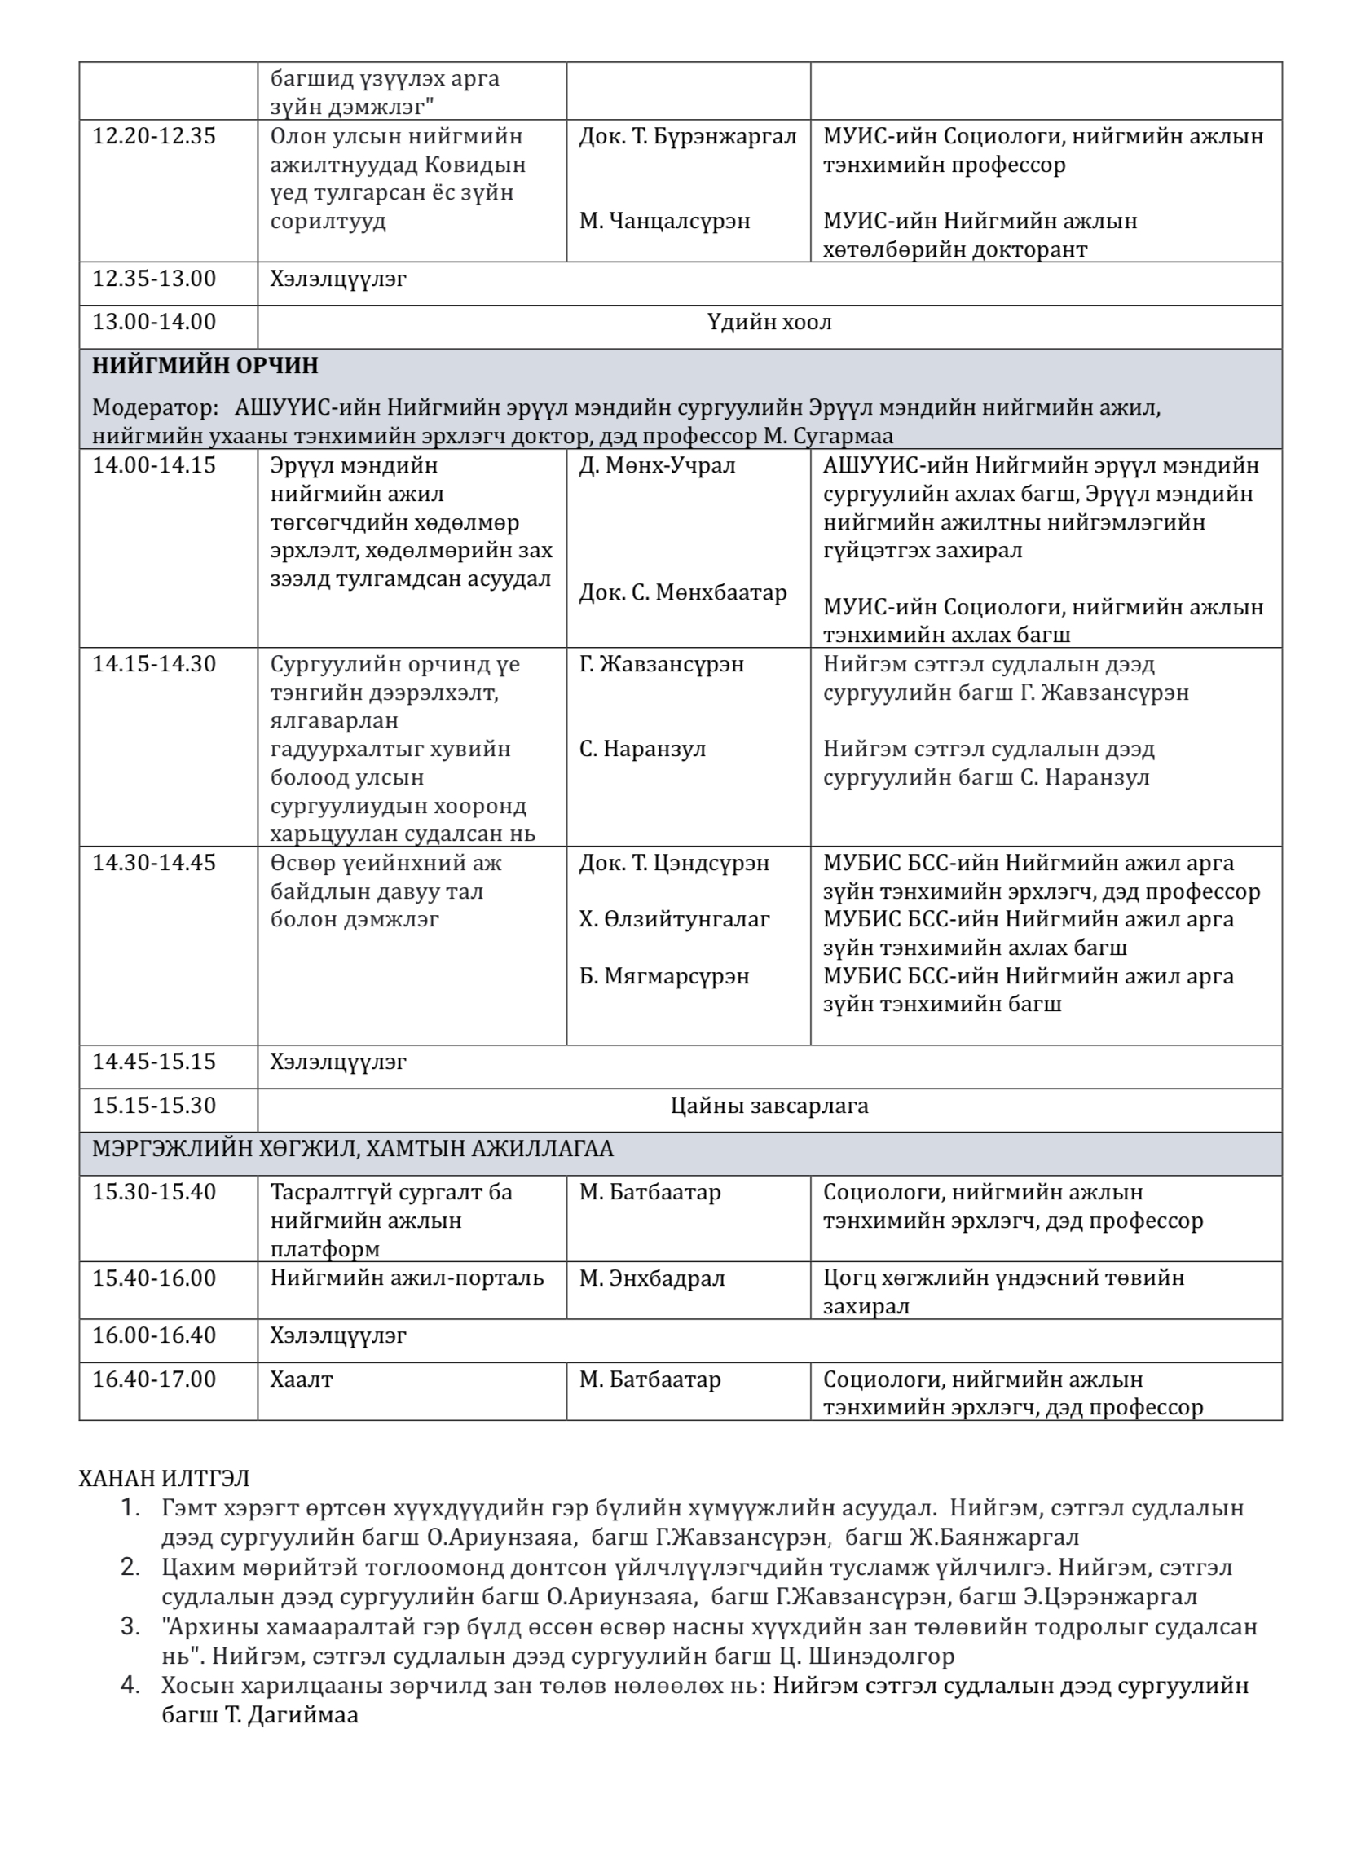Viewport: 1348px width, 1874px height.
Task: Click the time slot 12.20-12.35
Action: click(154, 135)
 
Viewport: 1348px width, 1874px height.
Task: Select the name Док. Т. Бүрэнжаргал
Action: click(688, 135)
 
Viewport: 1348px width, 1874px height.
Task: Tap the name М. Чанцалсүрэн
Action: click(664, 221)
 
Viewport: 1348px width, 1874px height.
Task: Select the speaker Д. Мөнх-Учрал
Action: click(657, 465)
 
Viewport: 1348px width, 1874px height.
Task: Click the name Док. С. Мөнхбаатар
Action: click(683, 592)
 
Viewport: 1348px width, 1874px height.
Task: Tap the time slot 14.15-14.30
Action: click(154, 663)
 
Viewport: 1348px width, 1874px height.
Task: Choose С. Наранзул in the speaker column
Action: click(642, 749)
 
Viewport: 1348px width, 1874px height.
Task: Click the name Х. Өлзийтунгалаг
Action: click(675, 919)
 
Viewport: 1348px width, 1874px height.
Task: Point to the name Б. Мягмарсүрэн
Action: click(664, 976)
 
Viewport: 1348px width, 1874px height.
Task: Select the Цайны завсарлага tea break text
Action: click(769, 1106)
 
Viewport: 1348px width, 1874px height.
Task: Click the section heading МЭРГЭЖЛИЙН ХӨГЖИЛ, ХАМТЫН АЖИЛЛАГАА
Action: click(353, 1149)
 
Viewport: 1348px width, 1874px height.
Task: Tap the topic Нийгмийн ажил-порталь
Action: click(407, 1278)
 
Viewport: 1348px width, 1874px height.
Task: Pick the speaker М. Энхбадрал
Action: click(652, 1278)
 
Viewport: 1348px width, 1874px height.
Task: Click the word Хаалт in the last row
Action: click(301, 1379)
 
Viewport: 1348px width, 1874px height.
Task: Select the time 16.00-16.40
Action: click(154, 1335)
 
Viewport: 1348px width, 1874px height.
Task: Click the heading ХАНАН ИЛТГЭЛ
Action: click(165, 1477)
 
